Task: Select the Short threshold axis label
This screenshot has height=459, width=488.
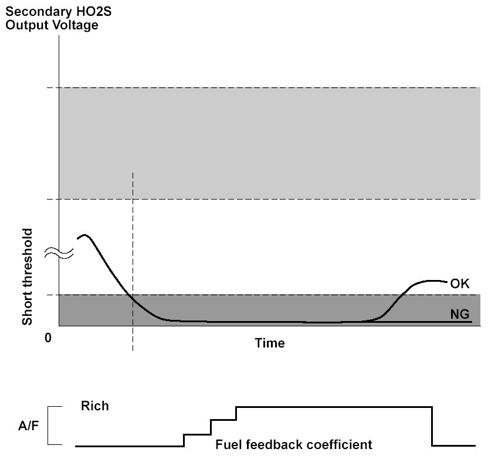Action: [27, 285]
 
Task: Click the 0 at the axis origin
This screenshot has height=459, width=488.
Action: [49, 338]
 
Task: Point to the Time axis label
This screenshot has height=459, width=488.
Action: [270, 343]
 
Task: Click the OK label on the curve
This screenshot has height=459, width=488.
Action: [460, 283]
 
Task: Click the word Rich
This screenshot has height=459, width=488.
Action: [95, 406]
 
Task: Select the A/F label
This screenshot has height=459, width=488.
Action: [27, 426]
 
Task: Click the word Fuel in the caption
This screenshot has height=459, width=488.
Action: [228, 444]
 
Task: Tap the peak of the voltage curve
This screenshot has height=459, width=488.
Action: [85, 235]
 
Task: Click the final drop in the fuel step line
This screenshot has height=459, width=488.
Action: [432, 426]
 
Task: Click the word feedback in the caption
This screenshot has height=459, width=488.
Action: [274, 444]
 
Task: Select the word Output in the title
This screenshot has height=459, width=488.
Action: [26, 25]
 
